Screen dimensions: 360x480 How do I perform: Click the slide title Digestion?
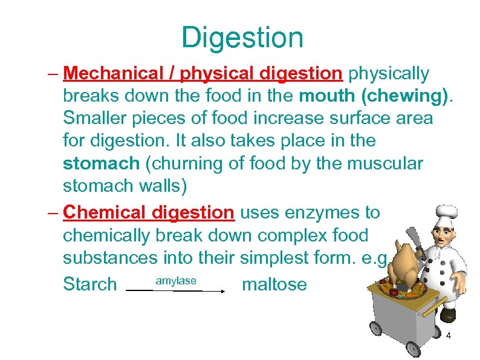point(242,38)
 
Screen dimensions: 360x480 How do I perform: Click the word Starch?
point(89,284)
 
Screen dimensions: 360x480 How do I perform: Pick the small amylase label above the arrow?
point(176,281)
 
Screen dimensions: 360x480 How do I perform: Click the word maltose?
point(274,284)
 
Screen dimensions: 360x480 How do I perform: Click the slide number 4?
point(449,335)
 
